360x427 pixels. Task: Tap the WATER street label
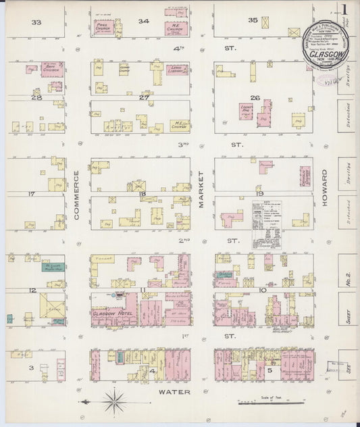[177, 392]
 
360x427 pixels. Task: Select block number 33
[36, 22]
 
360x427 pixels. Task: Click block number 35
[253, 20]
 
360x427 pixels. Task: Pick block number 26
[255, 97]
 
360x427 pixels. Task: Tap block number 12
[32, 291]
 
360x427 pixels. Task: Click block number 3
[32, 367]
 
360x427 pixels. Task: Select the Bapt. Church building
[52, 69]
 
